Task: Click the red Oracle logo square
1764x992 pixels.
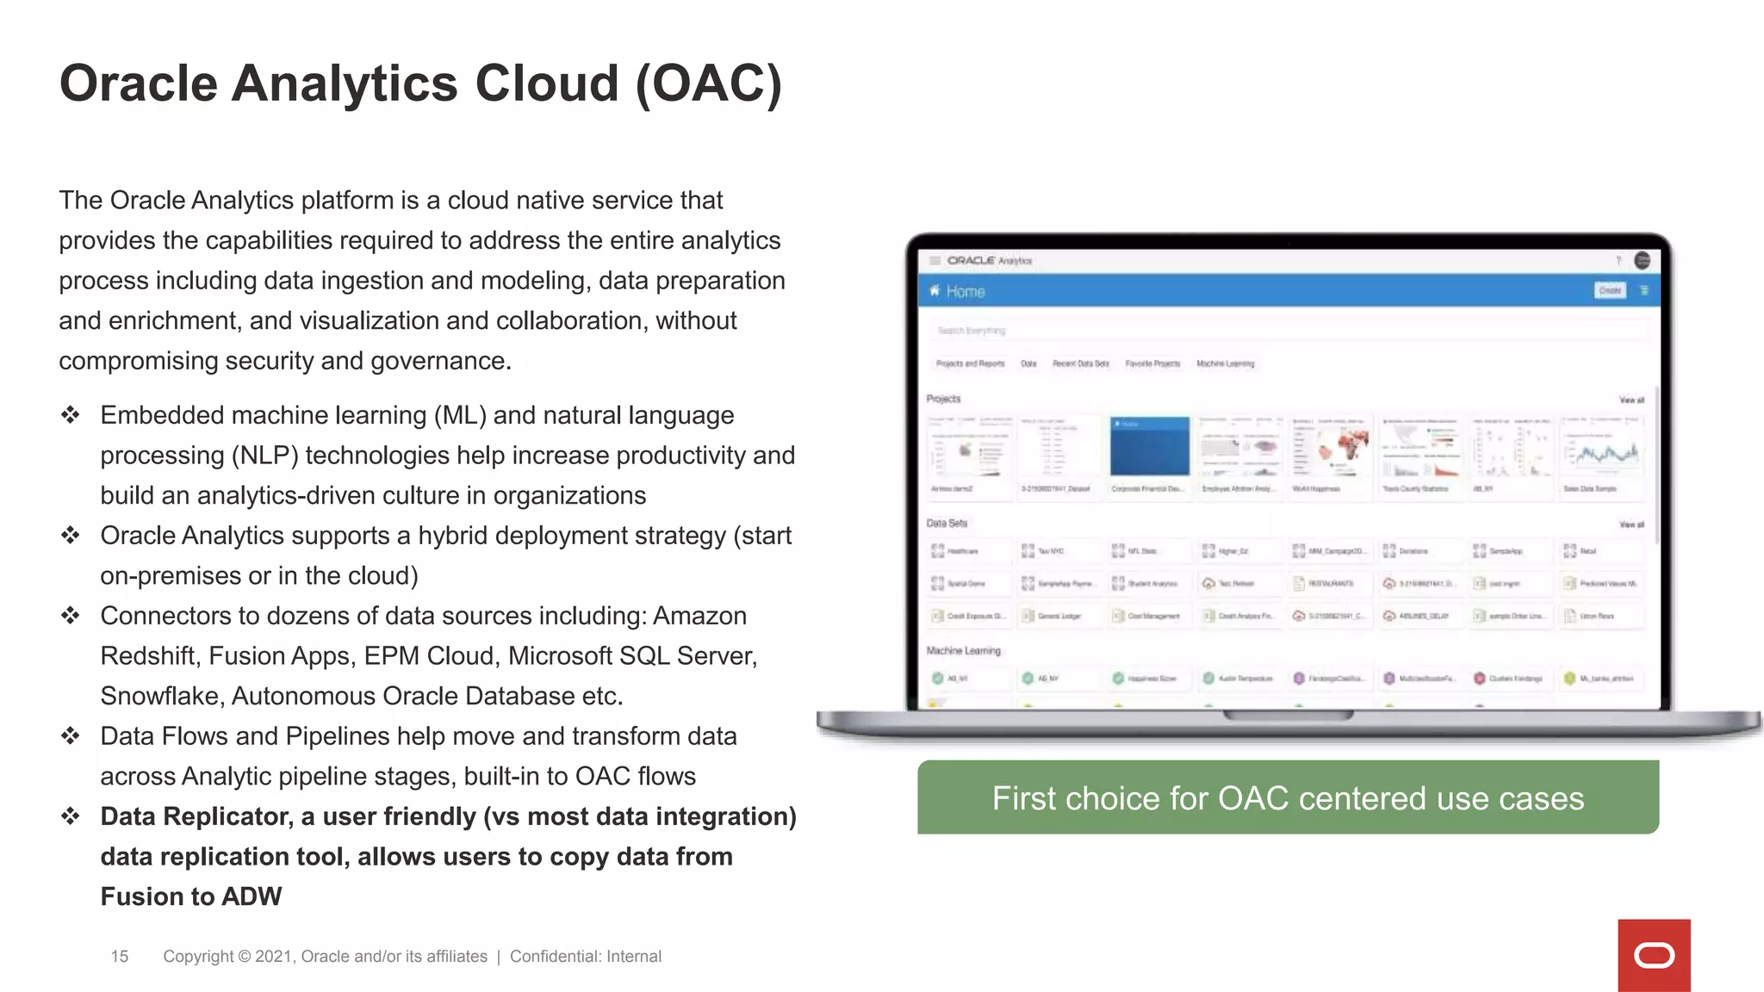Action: (x=1654, y=955)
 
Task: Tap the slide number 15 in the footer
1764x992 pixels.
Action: (x=120, y=957)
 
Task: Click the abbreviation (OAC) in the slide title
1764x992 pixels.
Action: (x=708, y=84)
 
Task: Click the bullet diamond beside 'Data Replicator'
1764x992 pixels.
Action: (x=71, y=816)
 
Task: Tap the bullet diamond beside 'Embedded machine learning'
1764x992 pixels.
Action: (x=71, y=415)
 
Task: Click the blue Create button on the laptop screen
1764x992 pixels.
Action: (x=1609, y=291)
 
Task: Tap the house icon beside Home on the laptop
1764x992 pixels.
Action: (x=935, y=291)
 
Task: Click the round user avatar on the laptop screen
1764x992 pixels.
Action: (x=1642, y=260)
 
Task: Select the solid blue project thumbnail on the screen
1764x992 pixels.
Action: (x=1149, y=446)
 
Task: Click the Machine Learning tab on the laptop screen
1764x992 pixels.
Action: (x=1225, y=363)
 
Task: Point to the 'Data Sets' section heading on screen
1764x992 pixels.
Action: (x=947, y=524)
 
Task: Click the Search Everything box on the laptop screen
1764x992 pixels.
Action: (x=1288, y=331)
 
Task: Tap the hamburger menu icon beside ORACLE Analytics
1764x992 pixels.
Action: (x=935, y=260)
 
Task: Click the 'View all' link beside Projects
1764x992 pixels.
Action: (x=1631, y=400)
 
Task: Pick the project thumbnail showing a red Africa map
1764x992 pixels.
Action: (x=1330, y=446)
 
